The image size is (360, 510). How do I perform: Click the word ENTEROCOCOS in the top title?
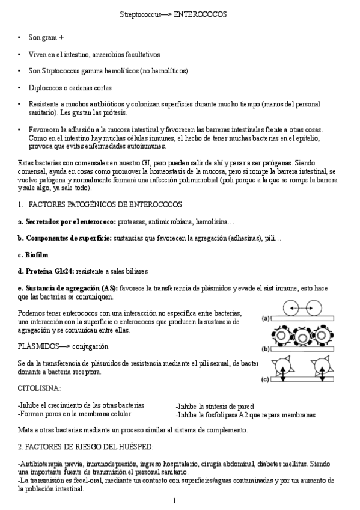[x=200, y=14]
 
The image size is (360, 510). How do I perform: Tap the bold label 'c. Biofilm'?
[x=32, y=255]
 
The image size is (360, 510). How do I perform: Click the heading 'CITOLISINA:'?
[x=39, y=389]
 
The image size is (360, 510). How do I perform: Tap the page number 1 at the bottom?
[x=174, y=501]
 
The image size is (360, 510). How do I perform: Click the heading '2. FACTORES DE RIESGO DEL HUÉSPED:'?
[x=85, y=446]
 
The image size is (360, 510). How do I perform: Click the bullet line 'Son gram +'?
[x=46, y=37]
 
